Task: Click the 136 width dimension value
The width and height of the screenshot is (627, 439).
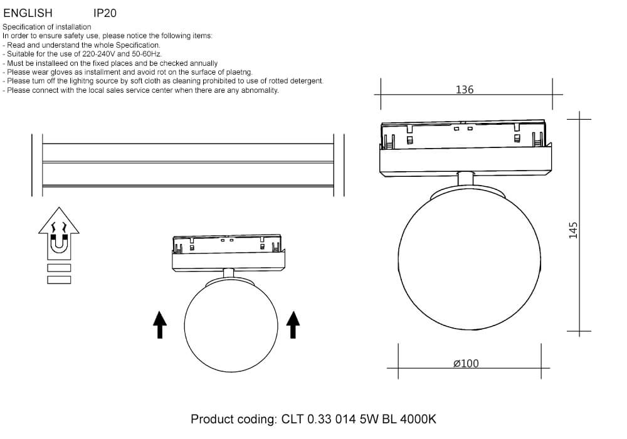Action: click(x=464, y=90)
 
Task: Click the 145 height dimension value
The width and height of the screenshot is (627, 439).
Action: click(x=573, y=230)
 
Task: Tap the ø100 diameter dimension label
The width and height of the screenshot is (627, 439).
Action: click(x=466, y=364)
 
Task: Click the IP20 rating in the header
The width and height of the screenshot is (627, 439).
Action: click(x=105, y=13)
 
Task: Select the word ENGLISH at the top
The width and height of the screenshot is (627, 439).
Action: click(x=28, y=13)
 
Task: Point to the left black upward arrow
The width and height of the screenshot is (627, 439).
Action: click(x=160, y=325)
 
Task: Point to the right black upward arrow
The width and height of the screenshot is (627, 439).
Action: click(x=293, y=325)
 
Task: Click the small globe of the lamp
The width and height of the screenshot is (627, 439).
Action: click(x=231, y=325)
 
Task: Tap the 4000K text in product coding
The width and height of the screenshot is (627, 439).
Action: click(x=418, y=419)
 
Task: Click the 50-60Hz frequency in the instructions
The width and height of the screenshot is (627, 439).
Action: click(x=146, y=54)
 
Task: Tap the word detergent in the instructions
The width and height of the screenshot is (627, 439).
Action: click(x=306, y=81)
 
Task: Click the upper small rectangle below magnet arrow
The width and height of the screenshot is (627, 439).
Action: click(x=59, y=268)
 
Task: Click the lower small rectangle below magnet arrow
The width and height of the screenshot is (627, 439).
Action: click(x=59, y=280)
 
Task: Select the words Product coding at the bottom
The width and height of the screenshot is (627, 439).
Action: click(x=233, y=419)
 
